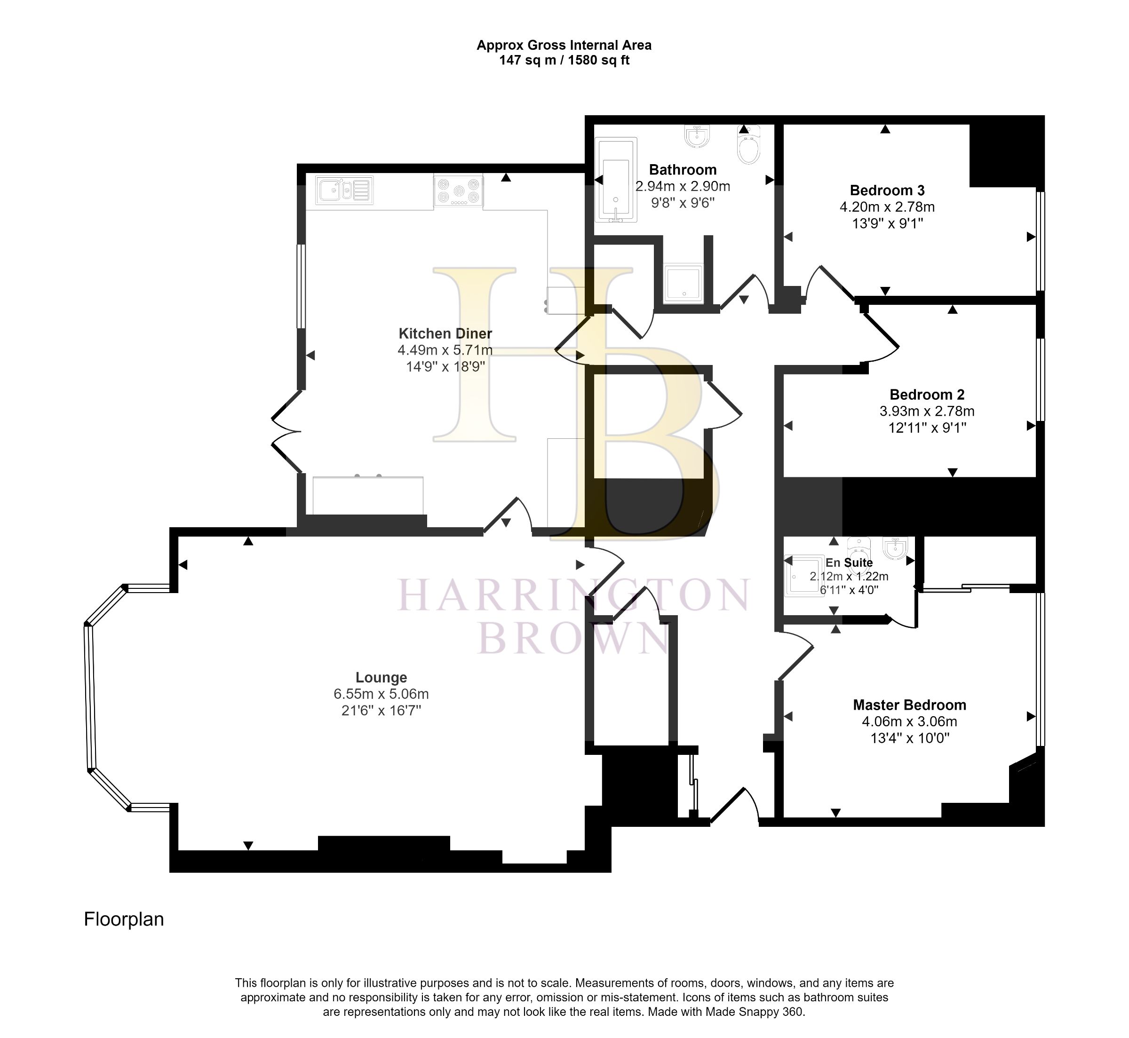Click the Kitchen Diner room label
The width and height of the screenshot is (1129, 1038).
click(x=445, y=333)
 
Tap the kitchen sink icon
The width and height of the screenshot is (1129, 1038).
click(x=344, y=190)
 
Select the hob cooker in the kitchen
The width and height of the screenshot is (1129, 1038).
click(x=458, y=190)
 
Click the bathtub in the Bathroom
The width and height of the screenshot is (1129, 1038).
click(x=616, y=180)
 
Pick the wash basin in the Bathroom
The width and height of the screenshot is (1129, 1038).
click(x=697, y=136)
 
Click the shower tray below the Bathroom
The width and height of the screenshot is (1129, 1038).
click(x=683, y=283)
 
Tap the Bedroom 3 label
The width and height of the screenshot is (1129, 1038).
click(x=887, y=190)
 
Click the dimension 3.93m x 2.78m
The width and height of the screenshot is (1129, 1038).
click(x=927, y=411)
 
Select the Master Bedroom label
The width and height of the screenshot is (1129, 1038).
click(x=909, y=705)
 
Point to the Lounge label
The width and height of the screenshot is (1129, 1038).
click(x=381, y=677)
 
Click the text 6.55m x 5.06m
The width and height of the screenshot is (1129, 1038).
click(x=381, y=694)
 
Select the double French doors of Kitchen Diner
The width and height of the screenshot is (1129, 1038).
click(x=286, y=431)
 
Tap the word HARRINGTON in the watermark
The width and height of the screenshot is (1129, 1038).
click(x=573, y=596)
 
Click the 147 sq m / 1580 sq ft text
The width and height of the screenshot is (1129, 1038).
click(x=564, y=61)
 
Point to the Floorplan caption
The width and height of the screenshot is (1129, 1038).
click(x=124, y=919)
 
